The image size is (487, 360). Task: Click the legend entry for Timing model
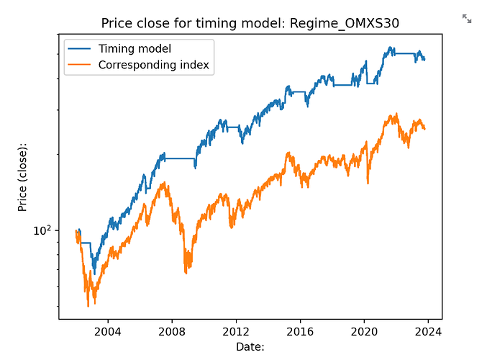(x=137, y=48)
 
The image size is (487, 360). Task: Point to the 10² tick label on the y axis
(x=43, y=231)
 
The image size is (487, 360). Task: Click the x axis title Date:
(x=250, y=347)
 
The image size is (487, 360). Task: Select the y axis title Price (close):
(x=23, y=176)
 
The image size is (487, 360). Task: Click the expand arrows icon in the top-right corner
(x=467, y=19)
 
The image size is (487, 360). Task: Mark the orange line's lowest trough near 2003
(x=88, y=305)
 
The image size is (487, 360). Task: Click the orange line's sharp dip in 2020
(x=368, y=183)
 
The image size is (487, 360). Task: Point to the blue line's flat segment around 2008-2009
(x=179, y=158)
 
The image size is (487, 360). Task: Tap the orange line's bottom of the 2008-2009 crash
(x=186, y=272)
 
